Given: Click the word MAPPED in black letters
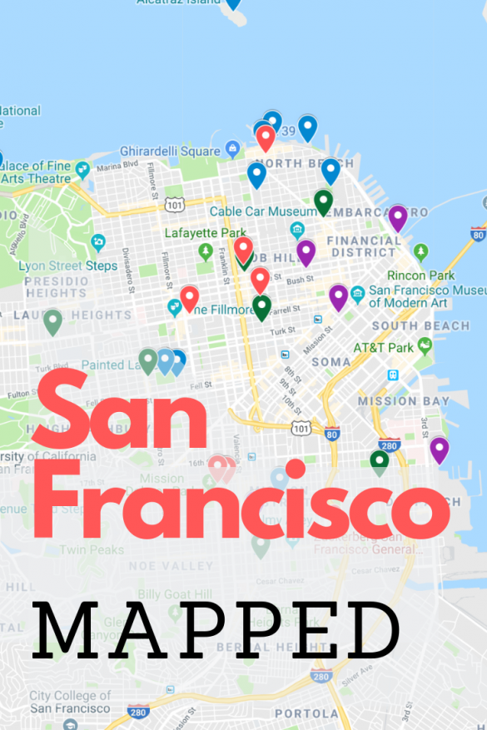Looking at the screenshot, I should click(217, 630).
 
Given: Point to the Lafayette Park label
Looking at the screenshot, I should click(206, 232).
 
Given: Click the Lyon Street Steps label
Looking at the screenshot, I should click(68, 266).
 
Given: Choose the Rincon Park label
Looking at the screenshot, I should click(420, 275).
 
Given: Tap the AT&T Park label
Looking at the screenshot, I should click(383, 347).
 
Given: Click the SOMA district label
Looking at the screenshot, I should click(330, 362).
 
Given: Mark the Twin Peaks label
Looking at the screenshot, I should click(92, 549).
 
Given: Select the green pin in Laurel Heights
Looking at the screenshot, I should click(52, 320).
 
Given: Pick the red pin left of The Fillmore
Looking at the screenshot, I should click(190, 297).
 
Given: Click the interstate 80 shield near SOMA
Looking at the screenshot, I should click(332, 433).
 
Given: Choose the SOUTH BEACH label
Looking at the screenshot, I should click(420, 325).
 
